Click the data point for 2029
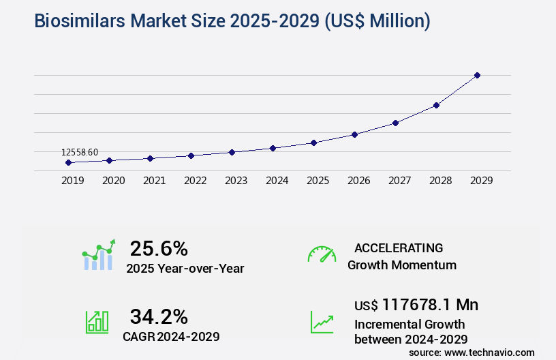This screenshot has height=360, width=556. point(477,75)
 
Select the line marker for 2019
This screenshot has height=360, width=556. point(68,163)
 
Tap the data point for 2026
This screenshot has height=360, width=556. point(354,134)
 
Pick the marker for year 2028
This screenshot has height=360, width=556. point(436,105)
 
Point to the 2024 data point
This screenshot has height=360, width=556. point(273,148)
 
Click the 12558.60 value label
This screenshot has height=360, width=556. point(80,152)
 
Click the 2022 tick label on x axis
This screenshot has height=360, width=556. point(195,181)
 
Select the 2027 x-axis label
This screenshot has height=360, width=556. point(399,181)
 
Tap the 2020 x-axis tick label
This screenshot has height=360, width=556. point(113,181)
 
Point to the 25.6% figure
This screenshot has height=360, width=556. point(159,248)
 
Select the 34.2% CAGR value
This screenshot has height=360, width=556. point(159,316)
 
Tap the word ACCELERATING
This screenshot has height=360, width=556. point(399,248)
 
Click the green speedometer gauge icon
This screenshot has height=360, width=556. point(322,254)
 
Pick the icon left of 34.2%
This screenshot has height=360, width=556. point(97,322)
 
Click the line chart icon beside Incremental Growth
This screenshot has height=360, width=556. point(322,322)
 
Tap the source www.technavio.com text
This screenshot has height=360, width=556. point(472,352)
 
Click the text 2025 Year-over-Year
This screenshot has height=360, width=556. point(185,269)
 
